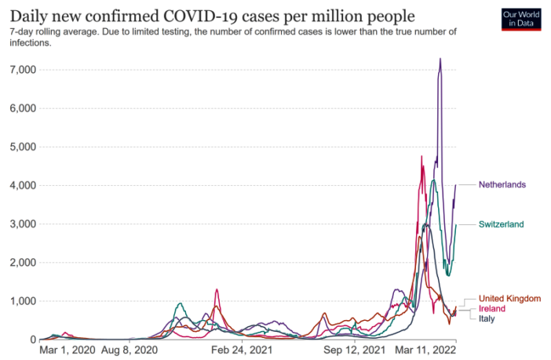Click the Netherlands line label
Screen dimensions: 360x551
point(502,185)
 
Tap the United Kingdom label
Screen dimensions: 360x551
point(510,299)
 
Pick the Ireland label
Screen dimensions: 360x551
point(492,309)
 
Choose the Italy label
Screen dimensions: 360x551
point(487,318)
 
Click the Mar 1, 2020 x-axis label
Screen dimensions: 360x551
point(68,351)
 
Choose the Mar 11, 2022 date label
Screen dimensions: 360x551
point(426,351)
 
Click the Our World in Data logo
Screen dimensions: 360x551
point(521,20)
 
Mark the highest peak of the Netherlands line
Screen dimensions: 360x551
point(440,59)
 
